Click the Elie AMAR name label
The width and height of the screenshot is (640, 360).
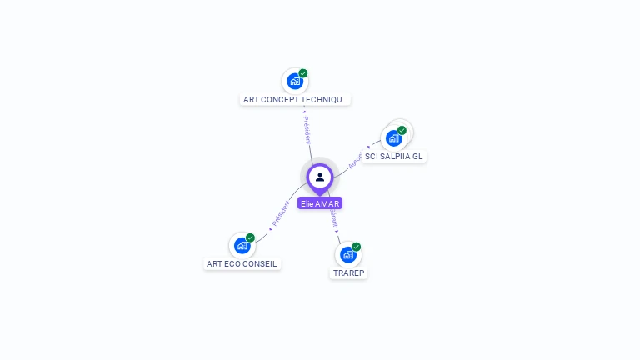point(320,203)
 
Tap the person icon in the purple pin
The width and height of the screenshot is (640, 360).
point(320,177)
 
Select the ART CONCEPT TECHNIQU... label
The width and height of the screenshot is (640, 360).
point(295,99)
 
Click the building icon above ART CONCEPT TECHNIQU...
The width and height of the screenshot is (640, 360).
point(294,82)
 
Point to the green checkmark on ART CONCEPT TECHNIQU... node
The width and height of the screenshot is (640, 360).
point(303,73)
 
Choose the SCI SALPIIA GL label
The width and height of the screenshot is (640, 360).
point(394,156)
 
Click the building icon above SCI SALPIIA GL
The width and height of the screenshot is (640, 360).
point(393,138)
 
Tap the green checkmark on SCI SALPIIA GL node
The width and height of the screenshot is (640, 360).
point(402,130)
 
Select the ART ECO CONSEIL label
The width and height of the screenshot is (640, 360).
point(242,263)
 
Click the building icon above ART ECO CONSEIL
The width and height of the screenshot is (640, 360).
point(242,246)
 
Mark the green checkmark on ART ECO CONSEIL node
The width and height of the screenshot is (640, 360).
point(250,237)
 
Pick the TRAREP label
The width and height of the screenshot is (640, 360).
point(349,272)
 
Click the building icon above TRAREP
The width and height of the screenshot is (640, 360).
point(347,255)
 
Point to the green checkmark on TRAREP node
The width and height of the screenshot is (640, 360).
point(356,247)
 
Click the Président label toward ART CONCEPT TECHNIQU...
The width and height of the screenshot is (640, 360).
point(307,129)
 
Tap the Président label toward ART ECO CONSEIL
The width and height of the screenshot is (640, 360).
point(281,214)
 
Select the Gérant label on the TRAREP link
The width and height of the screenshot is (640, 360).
point(334,219)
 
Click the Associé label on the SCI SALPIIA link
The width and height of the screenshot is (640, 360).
point(356,160)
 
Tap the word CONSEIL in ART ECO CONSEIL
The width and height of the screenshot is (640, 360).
point(261,263)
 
